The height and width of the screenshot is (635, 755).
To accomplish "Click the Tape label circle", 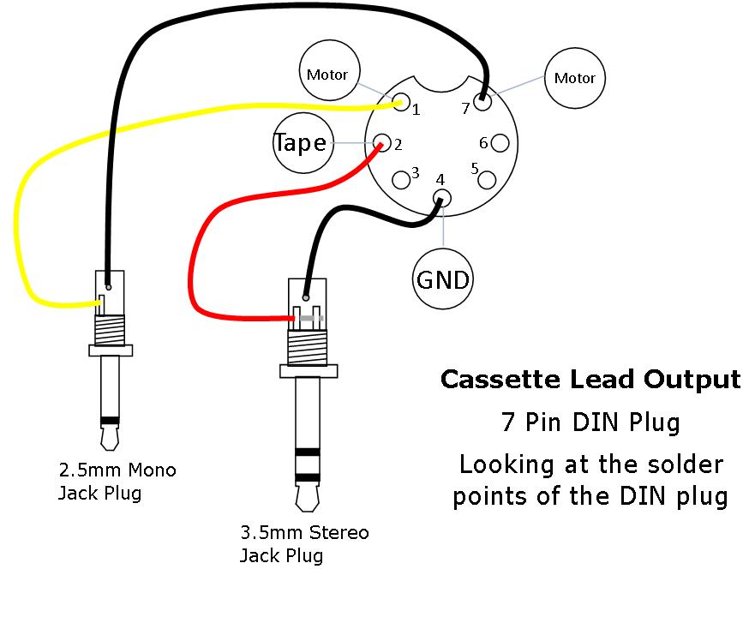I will [301, 143].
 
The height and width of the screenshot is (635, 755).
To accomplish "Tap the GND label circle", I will [442, 279].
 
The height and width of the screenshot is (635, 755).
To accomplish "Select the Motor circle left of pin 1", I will [327, 75].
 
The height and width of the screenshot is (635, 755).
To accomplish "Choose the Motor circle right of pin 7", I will [574, 78].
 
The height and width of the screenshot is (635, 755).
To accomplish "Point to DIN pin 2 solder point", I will [381, 143].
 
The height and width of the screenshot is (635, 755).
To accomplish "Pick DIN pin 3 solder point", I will [400, 179].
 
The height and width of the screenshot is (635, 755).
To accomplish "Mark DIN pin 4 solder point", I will [441, 198].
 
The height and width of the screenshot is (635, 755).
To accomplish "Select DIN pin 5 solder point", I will [486, 179].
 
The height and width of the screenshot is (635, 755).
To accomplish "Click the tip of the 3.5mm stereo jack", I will [308, 495].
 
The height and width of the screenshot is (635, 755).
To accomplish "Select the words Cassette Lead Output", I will [590, 379].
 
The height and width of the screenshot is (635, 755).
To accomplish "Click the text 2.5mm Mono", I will [117, 470].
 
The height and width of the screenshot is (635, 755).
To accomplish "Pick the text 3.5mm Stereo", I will [304, 532].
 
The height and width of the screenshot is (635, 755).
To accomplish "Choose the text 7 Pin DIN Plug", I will [590, 422].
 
